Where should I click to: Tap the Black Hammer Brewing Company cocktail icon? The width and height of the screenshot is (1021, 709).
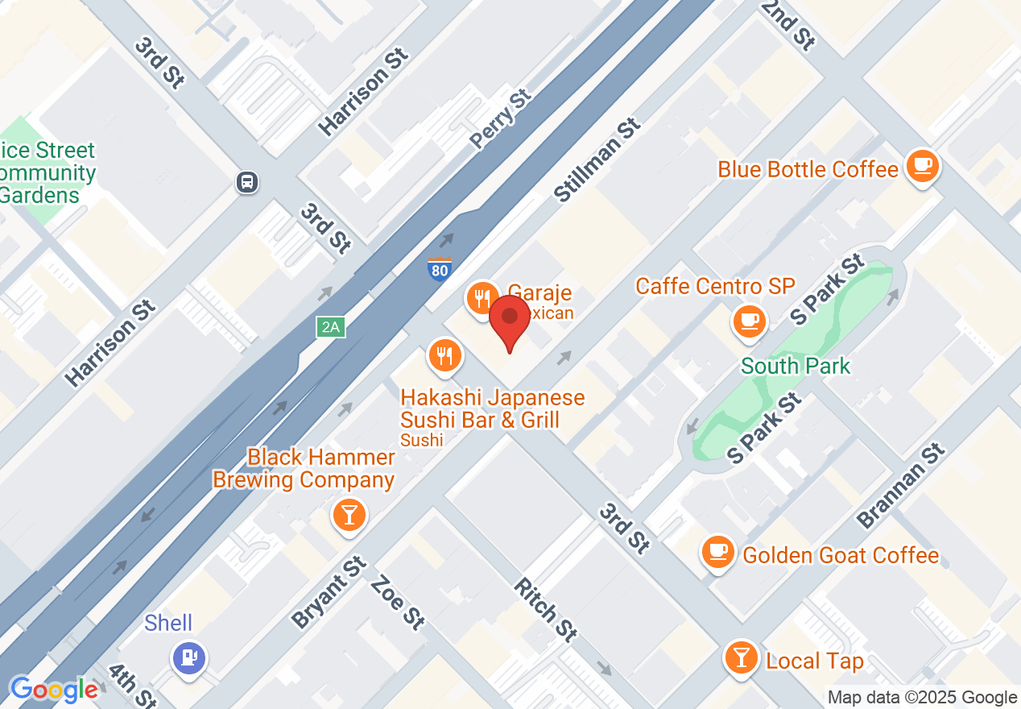pyautogui.click(x=349, y=513)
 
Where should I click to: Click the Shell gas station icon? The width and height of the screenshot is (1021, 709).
pyautogui.click(x=189, y=657)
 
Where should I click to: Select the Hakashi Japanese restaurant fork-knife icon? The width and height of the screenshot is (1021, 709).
pyautogui.click(x=444, y=355)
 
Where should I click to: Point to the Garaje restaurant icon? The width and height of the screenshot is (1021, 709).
pyautogui.click(x=482, y=299)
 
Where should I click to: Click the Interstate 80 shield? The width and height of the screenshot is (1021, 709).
pyautogui.click(x=439, y=269)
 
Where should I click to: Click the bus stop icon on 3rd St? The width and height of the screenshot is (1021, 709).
pyautogui.click(x=247, y=182)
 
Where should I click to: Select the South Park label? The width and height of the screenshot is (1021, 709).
pyautogui.click(x=795, y=366)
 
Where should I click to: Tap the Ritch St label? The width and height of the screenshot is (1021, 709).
pyautogui.click(x=545, y=609)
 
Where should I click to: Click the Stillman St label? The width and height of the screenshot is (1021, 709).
pyautogui.click(x=597, y=160)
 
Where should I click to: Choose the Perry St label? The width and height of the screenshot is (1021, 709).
pyautogui.click(x=501, y=119)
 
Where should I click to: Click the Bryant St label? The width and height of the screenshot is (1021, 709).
pyautogui.click(x=329, y=591)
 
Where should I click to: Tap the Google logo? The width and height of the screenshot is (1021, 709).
pyautogui.click(x=53, y=690)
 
